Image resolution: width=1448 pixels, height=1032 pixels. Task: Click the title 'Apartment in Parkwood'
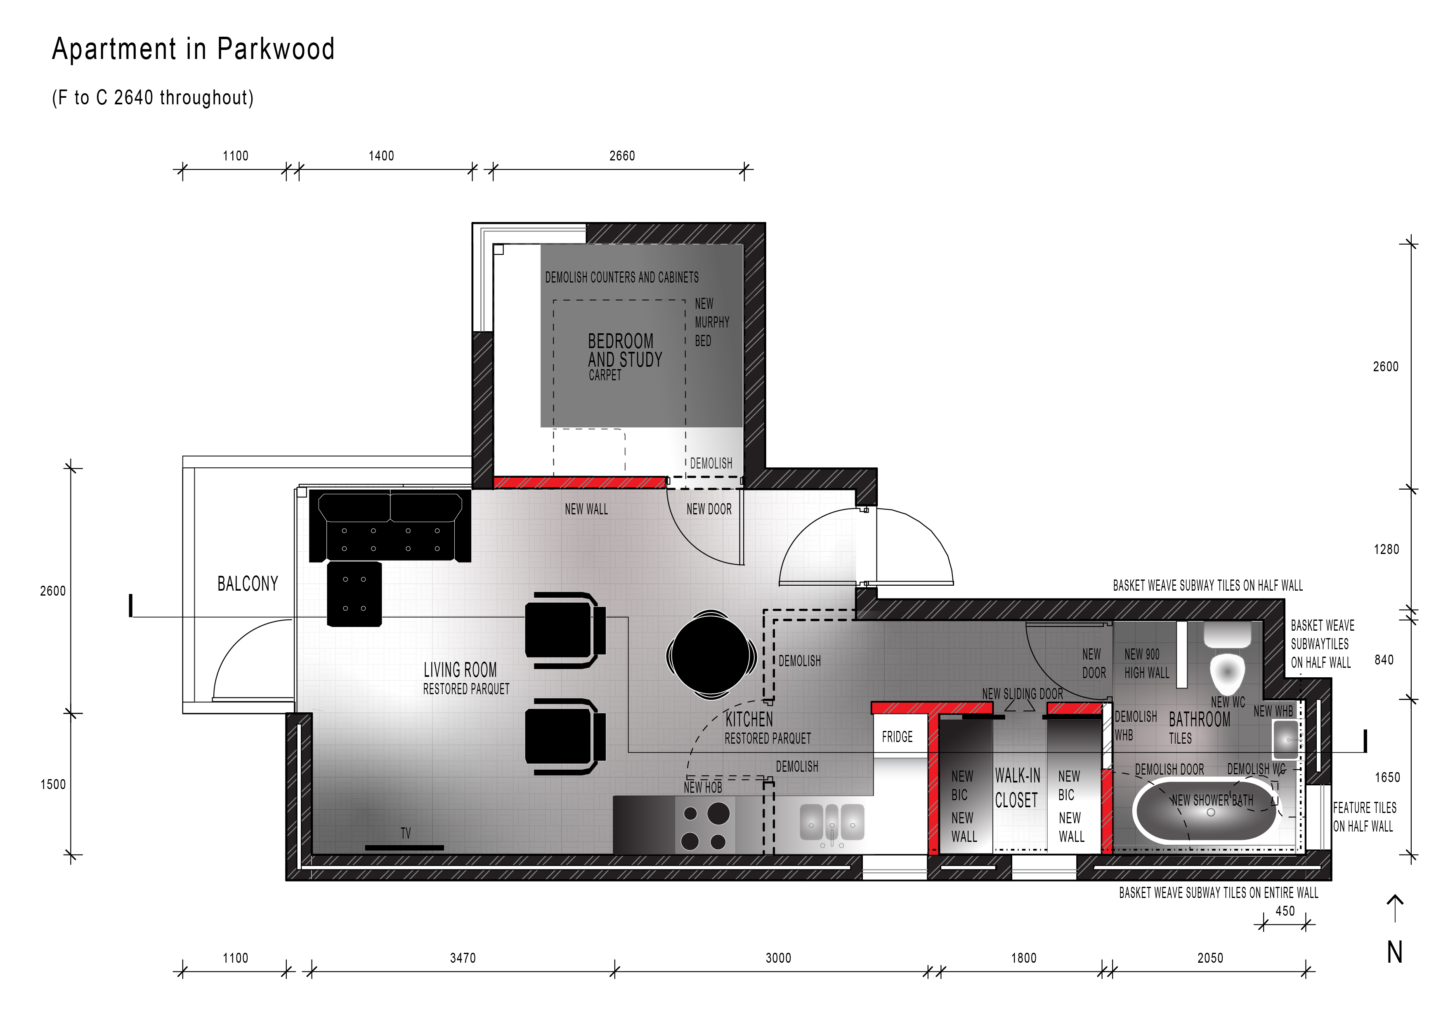coord(193,49)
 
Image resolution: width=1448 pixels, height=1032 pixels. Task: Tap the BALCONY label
coord(248,583)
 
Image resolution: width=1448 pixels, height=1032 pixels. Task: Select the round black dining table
coord(711,655)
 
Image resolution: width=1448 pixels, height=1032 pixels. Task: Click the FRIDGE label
coord(897,737)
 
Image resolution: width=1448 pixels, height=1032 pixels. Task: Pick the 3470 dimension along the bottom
coord(463,958)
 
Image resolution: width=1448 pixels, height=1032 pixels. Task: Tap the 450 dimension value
coord(1285,911)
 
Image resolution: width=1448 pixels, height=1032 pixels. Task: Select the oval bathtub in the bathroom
coord(1205,811)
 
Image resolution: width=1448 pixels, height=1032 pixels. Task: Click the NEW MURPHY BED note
coord(711,322)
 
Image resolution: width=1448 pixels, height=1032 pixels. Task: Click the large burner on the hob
coord(718,813)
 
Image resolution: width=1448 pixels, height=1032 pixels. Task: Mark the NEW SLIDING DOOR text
coord(1022,694)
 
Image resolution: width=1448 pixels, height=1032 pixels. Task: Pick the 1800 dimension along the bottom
coord(1023,958)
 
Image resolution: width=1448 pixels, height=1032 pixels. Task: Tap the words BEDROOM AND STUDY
coord(625,350)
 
